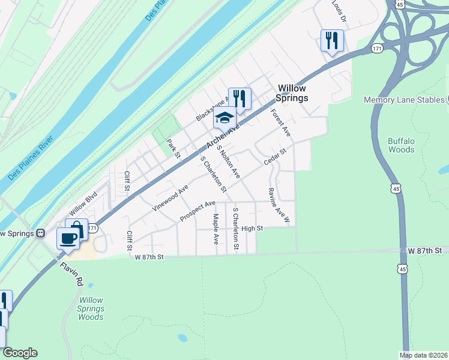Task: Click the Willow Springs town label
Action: pos(292,93)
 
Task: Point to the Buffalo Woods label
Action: pos(401,145)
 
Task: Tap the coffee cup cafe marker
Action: pos(68,238)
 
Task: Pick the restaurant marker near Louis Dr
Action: pos(331,41)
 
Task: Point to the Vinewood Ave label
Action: pos(170,197)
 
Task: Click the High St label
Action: pos(252,229)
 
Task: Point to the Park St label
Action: pos(173,148)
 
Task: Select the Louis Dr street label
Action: pos(340,11)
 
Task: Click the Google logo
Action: pos(20,353)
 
